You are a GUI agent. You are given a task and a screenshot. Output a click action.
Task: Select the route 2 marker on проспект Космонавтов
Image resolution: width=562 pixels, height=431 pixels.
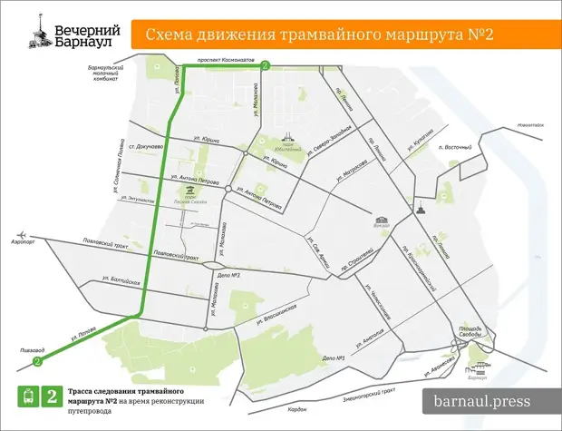pos(265,66)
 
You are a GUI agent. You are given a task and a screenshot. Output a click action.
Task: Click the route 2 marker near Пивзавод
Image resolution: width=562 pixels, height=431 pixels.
pos(37,361)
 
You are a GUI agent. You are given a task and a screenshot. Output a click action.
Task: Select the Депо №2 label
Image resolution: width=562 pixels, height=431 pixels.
pos(228,275)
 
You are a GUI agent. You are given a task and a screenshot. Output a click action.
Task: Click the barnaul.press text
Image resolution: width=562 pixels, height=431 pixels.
pos(482,400)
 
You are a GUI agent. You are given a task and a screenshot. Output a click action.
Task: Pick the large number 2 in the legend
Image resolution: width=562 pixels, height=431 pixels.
pos(52,396)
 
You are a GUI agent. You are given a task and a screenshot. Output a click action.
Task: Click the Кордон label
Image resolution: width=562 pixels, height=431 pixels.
pos(296,410)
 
